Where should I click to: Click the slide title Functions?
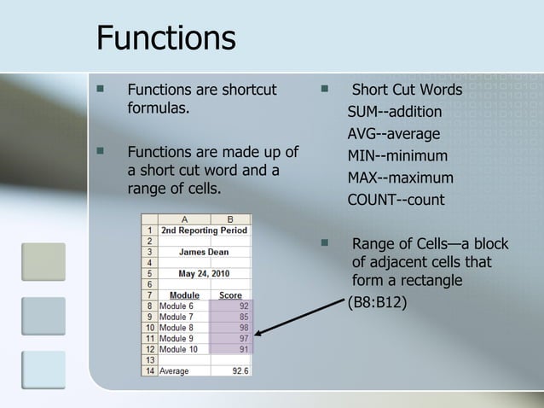tap(166, 38)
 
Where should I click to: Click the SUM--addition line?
tap(394, 112)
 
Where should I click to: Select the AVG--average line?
tap(393, 134)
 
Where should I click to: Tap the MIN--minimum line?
tap(396, 156)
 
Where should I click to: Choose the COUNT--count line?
tap(396, 201)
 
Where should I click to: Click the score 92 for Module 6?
tap(244, 306)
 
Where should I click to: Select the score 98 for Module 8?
tap(244, 327)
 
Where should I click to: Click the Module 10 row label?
tap(179, 349)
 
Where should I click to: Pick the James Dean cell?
tap(204, 252)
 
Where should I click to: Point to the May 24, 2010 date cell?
tap(204, 273)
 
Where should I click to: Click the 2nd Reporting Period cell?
tap(204, 230)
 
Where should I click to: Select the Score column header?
tap(231, 294)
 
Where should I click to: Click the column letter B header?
tap(231, 219)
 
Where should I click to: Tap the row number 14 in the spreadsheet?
tap(149, 371)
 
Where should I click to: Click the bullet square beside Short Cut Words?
tap(324, 88)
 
